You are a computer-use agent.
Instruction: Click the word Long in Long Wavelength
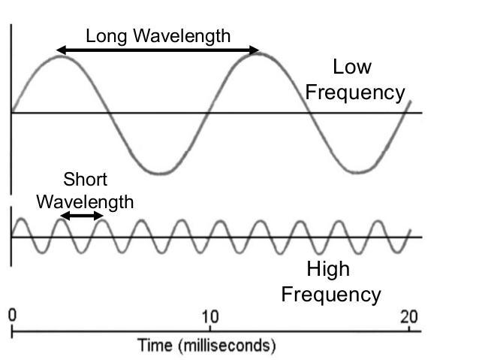coord(103,35)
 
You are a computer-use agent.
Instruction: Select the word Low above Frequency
coord(351,67)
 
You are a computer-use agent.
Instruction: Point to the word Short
coord(85,180)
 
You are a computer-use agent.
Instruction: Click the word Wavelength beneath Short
coord(85,201)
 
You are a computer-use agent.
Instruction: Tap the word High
coord(328,269)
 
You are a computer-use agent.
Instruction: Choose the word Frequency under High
coord(330,294)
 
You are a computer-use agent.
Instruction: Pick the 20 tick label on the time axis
coord(409,316)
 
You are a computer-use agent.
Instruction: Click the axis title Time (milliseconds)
coord(207,346)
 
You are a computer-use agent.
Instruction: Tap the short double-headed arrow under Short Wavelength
coord(81,216)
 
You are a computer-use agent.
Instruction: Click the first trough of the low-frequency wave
coord(159,173)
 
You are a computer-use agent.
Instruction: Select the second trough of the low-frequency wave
coord(357,172)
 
